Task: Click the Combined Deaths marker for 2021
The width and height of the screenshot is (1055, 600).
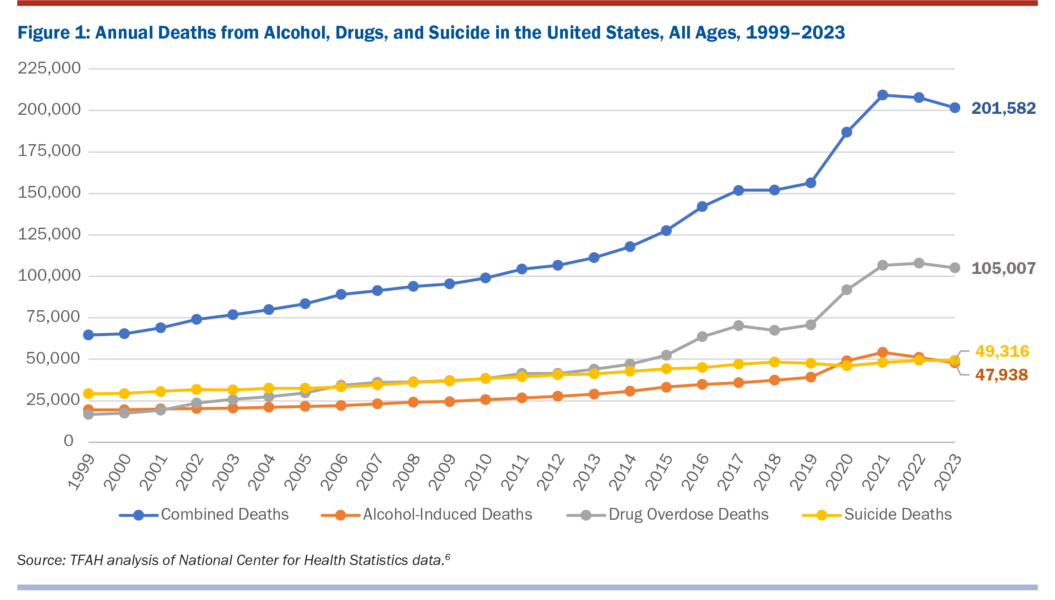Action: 882,95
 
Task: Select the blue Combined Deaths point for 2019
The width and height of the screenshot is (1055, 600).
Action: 811,183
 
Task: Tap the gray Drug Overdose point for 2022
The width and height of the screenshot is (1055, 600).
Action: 918,263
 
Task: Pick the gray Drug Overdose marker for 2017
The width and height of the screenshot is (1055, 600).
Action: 738,326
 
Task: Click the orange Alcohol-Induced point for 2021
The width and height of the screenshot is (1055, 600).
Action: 882,352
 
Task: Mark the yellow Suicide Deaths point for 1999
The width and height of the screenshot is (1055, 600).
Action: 88,393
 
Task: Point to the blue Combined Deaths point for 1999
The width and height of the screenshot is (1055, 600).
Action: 88,335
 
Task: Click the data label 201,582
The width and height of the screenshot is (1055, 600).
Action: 1003,108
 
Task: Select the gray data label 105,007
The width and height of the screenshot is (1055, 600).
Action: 1003,268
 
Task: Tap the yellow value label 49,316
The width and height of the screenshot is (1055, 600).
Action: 1001,351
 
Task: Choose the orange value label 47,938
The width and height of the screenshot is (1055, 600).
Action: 1001,375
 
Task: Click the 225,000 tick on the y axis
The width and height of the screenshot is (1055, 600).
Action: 49,68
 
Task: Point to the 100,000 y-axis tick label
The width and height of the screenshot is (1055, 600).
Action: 49,275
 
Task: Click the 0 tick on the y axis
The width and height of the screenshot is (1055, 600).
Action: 68,440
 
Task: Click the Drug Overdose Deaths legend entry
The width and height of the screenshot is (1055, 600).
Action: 688,514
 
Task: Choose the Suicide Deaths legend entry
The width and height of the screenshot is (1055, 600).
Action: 897,514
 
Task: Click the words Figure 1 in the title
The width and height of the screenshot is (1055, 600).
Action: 54,33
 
